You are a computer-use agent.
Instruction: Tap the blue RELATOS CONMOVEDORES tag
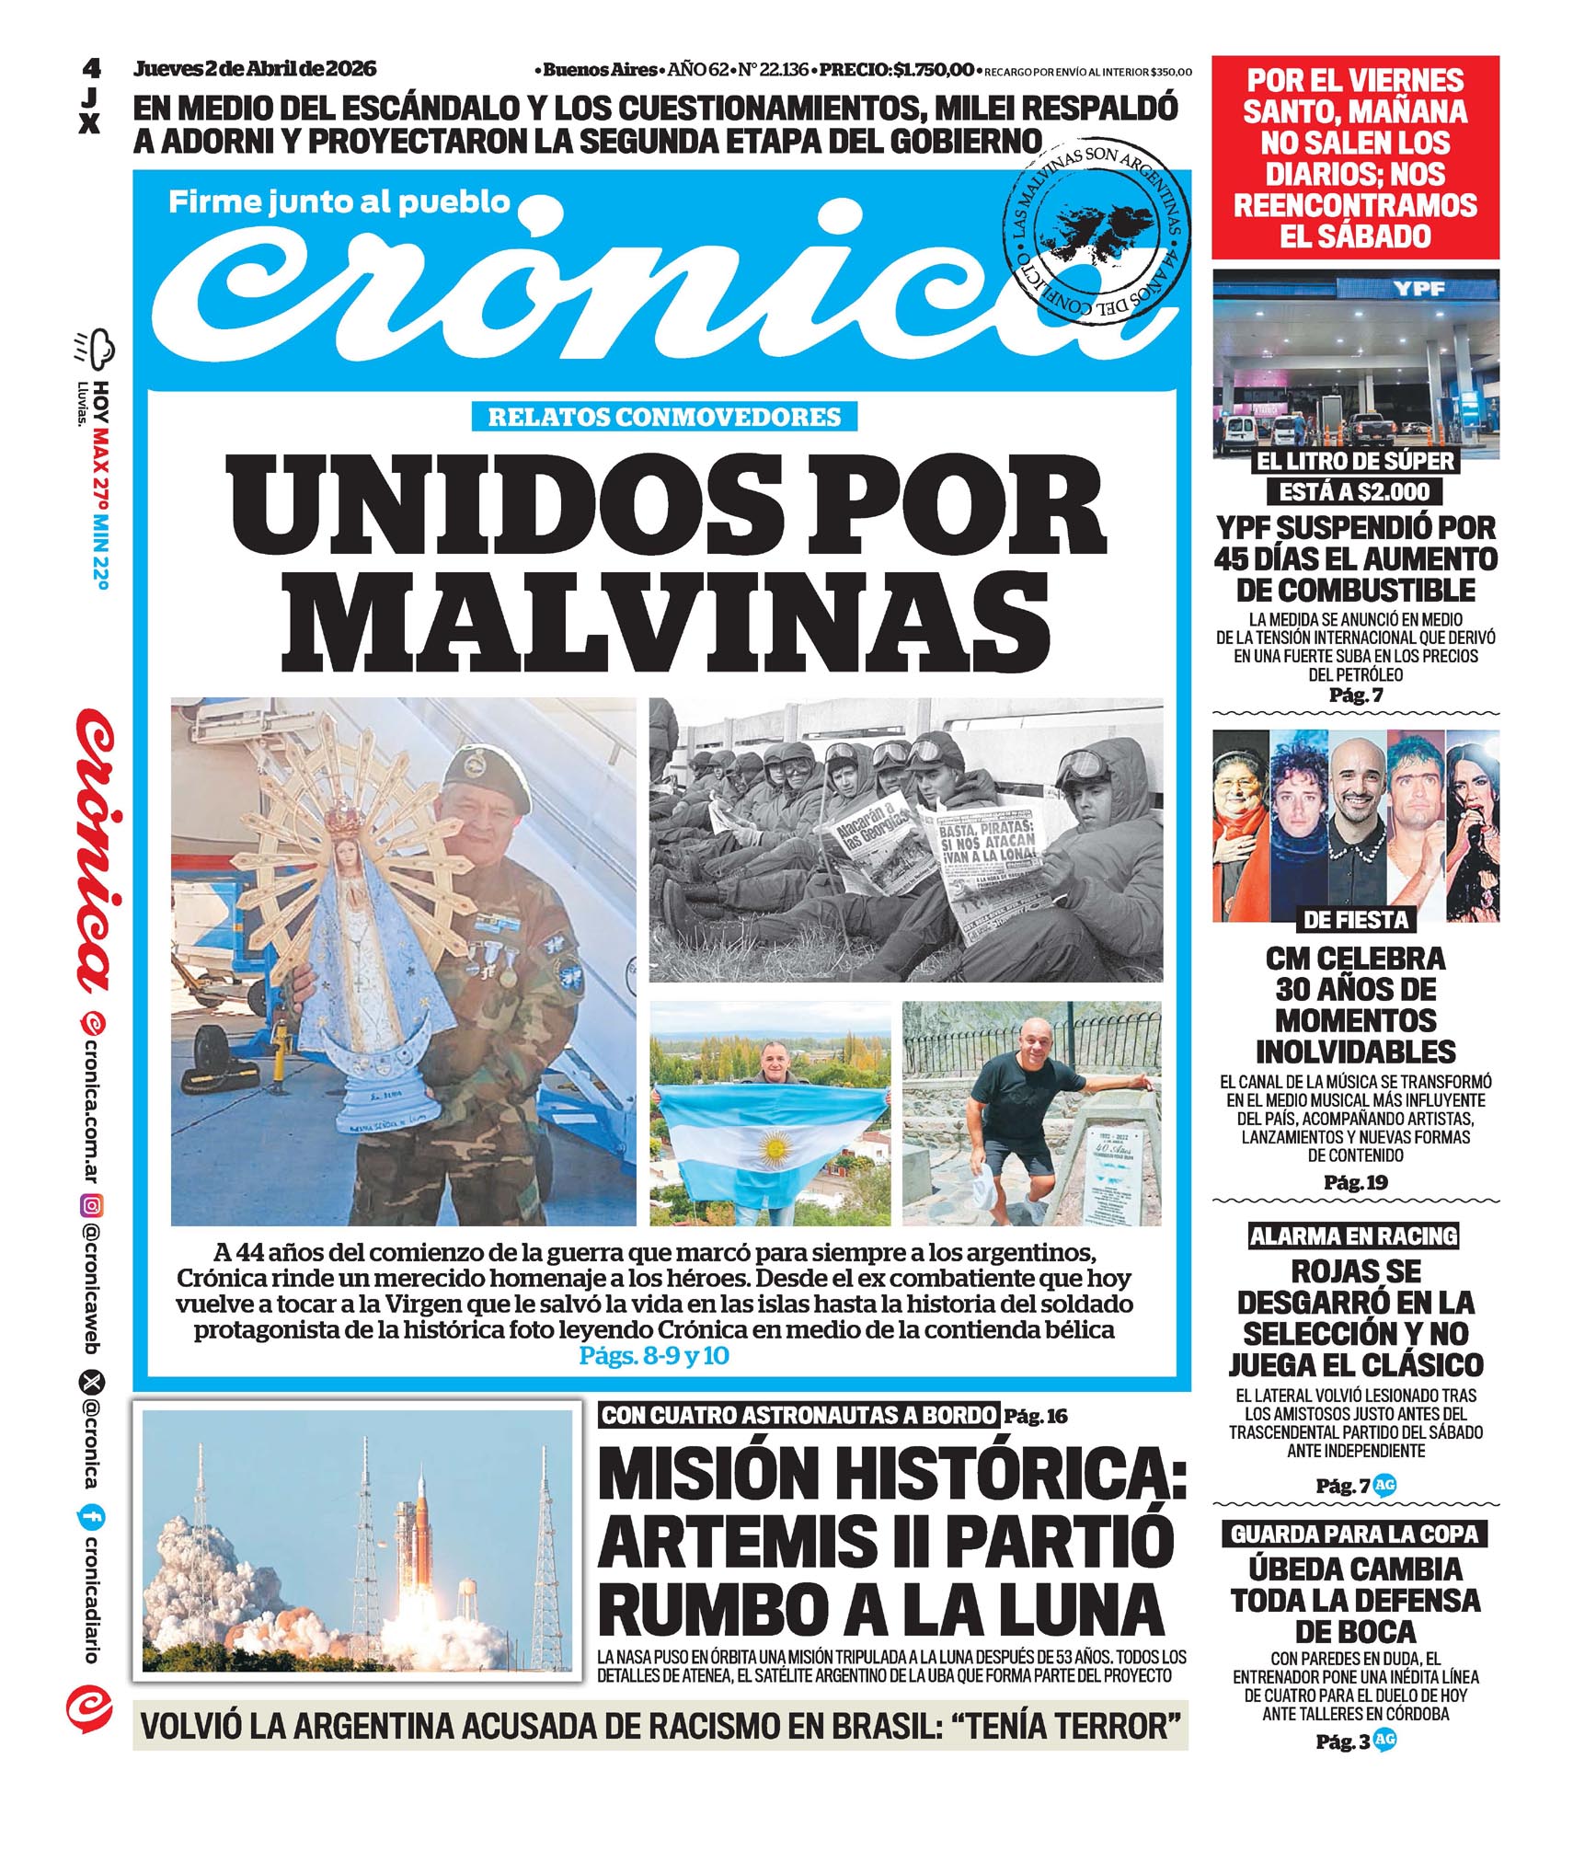click(663, 417)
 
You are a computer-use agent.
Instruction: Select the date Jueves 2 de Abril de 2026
click(255, 69)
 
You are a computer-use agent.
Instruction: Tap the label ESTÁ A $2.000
click(1354, 491)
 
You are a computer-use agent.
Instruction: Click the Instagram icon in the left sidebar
click(92, 1205)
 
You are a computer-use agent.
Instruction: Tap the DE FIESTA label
click(1355, 919)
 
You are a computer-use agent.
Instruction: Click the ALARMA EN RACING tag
click(1353, 1236)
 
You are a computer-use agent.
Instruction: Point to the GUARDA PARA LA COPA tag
click(1354, 1534)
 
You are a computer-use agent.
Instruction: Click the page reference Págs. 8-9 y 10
click(654, 1355)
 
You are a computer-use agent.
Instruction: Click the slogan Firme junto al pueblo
click(339, 201)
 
